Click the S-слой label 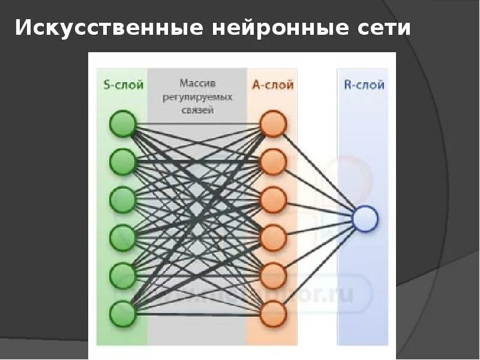coord(123,85)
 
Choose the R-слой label coord(364,85)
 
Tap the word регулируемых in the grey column coord(197,96)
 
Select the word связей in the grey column coord(197,110)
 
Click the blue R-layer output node coord(365,219)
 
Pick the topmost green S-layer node coord(123,124)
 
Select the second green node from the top coord(123,161)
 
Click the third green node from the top coord(123,199)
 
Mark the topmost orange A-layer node coord(273,124)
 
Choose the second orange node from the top coord(273,161)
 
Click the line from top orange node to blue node coord(318,170)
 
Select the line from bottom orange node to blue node coord(318,267)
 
